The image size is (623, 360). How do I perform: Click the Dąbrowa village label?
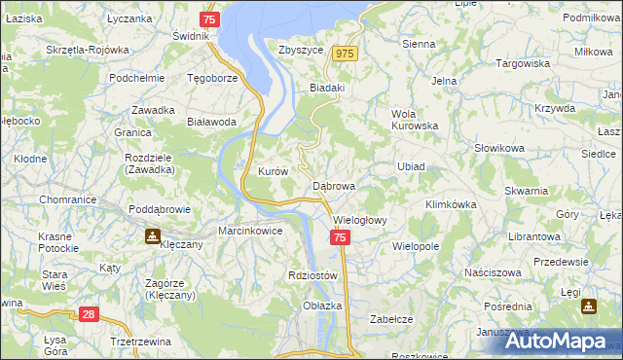click(x=334, y=185)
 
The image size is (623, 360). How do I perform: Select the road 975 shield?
click(x=345, y=54)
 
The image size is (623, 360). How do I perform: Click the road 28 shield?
click(x=89, y=314)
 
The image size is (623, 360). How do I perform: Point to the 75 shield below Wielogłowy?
click(x=339, y=238)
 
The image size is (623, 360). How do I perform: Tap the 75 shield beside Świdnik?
click(x=209, y=19)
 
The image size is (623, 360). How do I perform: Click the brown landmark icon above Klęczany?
click(x=153, y=235)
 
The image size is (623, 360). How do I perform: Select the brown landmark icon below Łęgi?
click(x=589, y=306)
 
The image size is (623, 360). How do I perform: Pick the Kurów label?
click(x=273, y=171)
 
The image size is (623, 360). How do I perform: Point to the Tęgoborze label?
click(x=212, y=78)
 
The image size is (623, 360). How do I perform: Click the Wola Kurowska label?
click(x=415, y=119)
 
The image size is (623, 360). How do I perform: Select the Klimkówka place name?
click(x=450, y=204)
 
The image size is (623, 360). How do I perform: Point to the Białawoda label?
click(x=211, y=122)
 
